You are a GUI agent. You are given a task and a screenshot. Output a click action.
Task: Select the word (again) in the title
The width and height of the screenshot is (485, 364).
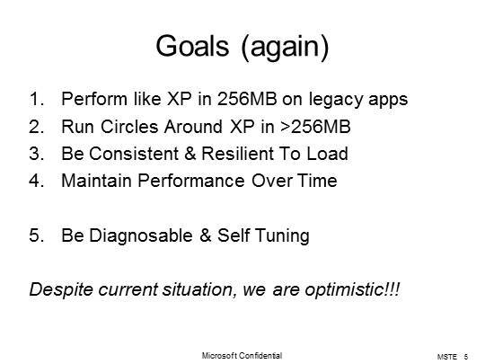285,48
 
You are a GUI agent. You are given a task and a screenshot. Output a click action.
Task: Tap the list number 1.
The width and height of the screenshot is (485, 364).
35,99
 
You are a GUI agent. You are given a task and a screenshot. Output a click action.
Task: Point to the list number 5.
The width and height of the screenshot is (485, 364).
35,235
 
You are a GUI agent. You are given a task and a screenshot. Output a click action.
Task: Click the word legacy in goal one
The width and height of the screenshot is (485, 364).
340,99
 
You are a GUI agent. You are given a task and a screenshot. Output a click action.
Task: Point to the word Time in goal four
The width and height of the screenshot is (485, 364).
317,181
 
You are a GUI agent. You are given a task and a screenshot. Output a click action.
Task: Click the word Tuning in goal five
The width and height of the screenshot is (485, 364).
282,235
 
